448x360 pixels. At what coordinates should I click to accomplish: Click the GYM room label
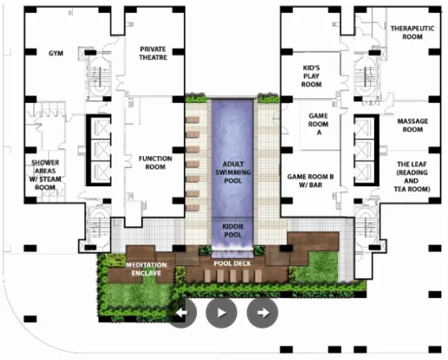coord(55,53)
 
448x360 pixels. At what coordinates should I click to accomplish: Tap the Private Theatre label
coord(153,53)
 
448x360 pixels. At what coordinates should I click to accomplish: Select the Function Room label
coord(155,162)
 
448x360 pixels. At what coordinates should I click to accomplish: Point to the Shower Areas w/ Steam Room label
coord(45,175)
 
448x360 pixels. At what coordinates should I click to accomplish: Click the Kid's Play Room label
coord(311,76)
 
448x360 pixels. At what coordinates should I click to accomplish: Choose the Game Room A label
coord(319,124)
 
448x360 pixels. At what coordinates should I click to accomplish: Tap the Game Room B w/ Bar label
coord(311,180)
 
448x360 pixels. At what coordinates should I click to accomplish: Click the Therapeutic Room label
coord(412,32)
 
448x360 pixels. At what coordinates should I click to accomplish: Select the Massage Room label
coord(413,125)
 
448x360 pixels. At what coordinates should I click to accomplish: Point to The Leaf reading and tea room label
coord(412,177)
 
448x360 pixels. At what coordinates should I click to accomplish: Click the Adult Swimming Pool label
coord(233,172)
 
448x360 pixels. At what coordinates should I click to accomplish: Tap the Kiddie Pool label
coord(233,231)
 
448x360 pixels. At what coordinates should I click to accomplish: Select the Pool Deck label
coord(232,264)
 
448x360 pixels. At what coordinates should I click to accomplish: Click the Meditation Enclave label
coord(146,269)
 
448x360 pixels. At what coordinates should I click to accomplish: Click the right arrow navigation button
coord(262,313)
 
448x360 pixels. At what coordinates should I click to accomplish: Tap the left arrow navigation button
coord(182,313)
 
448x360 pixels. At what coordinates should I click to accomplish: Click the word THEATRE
coord(153,57)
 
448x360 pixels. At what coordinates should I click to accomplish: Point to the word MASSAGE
coord(413,121)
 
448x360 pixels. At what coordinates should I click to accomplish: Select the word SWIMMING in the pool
coord(233,172)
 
